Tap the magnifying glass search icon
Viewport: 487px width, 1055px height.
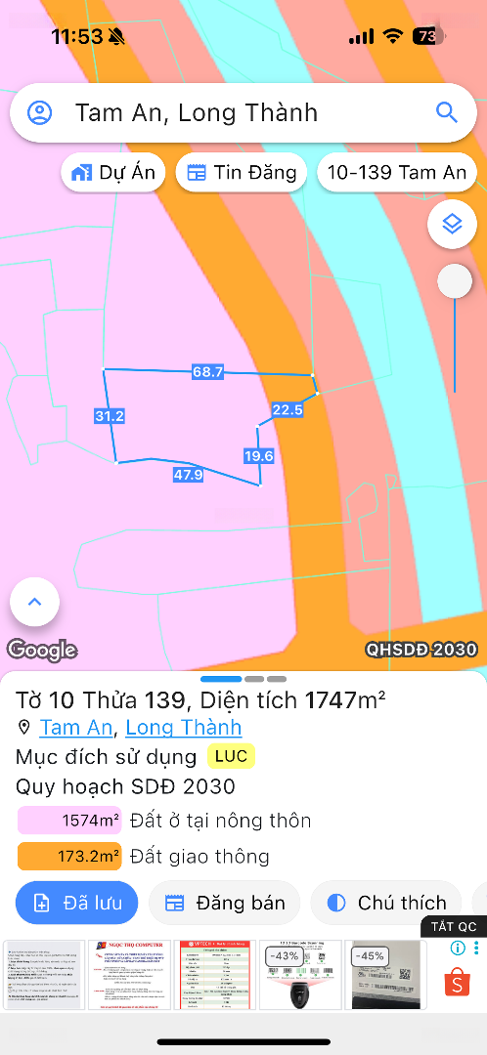446,112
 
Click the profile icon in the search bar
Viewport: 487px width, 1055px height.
40,112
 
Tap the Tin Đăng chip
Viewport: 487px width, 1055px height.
242,173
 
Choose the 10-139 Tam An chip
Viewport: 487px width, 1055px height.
396,173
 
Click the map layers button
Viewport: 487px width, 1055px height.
452,224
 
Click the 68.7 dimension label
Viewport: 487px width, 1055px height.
208,372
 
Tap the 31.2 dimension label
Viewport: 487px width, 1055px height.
110,416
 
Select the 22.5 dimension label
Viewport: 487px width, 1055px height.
288,410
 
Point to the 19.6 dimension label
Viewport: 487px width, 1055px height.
258,455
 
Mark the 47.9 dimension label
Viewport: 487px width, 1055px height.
188,475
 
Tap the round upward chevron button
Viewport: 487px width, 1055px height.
35,602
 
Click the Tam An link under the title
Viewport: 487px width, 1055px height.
76,728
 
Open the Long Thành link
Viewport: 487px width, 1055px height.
184,728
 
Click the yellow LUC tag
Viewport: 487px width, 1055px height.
231,756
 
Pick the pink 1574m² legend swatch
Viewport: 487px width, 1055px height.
69,821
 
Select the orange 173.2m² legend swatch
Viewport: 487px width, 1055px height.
69,857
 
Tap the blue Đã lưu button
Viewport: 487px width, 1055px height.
77,903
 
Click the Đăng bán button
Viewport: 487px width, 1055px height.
224,903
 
